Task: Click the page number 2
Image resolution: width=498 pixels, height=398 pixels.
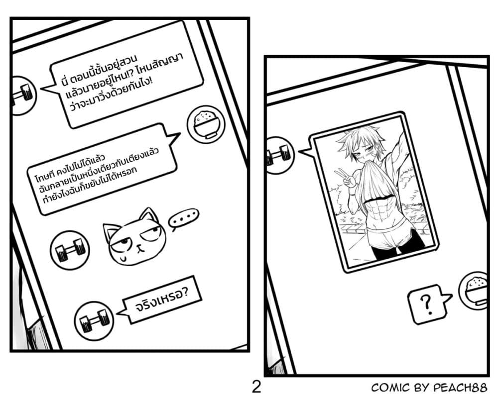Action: click(x=256, y=387)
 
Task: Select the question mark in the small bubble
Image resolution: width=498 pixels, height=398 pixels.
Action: click(x=427, y=304)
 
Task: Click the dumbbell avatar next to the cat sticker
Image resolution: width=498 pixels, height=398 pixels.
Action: click(x=70, y=249)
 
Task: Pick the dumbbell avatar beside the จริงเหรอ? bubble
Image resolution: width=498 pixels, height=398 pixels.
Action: click(x=94, y=320)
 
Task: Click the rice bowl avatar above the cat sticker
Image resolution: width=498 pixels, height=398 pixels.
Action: click(x=206, y=124)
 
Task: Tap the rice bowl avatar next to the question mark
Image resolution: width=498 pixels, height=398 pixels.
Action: click(x=473, y=291)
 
